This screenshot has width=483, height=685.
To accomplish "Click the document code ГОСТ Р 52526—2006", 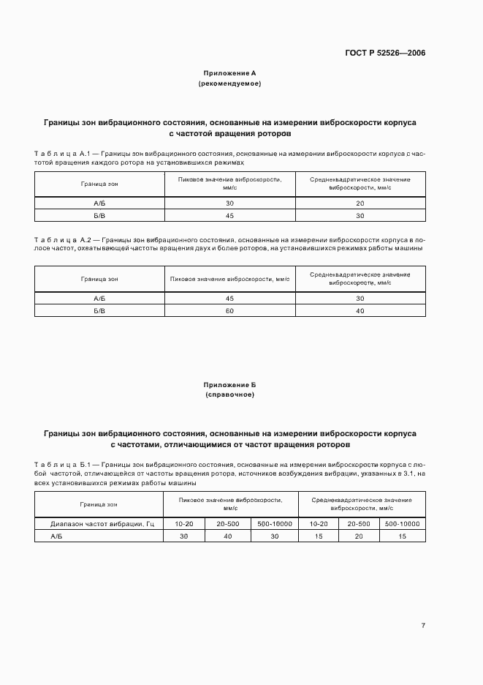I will (385, 53).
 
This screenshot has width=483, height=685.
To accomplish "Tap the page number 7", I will (423, 625).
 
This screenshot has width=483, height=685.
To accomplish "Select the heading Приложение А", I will (229, 73).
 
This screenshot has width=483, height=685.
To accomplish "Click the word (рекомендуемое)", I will (229, 83).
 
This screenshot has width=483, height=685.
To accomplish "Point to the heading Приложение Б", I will (229, 384).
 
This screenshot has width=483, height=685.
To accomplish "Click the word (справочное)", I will (229, 394).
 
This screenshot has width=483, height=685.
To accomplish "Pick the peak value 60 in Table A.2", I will (230, 311).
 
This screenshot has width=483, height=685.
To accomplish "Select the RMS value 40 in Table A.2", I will (360, 311).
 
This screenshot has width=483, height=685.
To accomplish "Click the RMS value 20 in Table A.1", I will (360, 203).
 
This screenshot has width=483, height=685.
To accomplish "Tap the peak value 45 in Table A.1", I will (230, 215).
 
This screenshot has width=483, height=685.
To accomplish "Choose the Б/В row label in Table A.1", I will (99, 215).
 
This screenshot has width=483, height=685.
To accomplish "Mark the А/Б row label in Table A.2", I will (99, 299).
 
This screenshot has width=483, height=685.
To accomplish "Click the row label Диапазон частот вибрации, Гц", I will (99, 524).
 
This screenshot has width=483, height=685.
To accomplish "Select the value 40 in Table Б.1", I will (228, 536).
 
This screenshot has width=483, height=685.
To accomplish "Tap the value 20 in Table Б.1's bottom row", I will (359, 536).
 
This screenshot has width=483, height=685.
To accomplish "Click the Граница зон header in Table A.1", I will (99, 184).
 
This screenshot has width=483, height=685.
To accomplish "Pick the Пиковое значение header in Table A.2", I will (230, 279).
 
